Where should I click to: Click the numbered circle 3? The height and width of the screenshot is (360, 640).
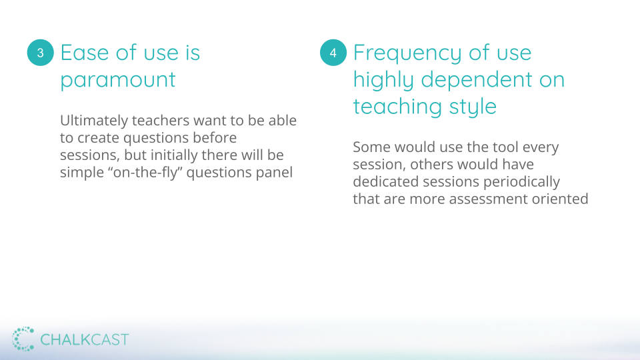(41, 53)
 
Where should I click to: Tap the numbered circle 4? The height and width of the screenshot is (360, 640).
(333, 53)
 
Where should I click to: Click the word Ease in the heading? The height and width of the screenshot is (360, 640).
(85, 53)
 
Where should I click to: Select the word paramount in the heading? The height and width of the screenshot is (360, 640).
(118, 80)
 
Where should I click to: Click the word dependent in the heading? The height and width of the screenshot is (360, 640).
(476, 79)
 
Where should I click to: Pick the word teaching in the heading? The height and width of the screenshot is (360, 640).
(397, 107)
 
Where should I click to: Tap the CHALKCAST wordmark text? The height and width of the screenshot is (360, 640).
(85, 339)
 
